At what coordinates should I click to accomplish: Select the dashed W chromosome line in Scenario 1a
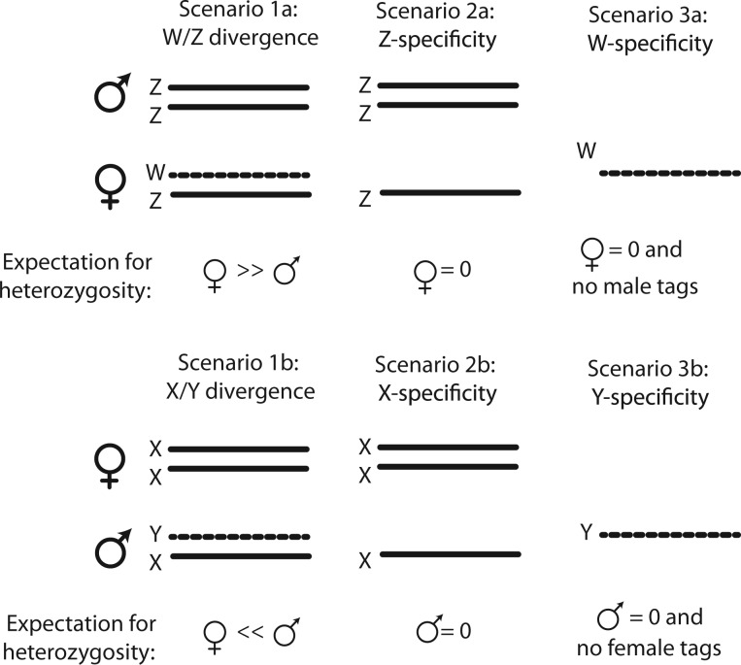(241, 176)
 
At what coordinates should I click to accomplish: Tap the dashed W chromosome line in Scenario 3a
(670, 173)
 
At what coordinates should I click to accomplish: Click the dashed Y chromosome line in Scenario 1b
(241, 536)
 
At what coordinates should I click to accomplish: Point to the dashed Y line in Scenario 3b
(670, 534)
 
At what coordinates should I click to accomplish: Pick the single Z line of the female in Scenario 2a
(450, 193)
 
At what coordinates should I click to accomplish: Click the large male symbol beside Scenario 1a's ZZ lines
(110, 95)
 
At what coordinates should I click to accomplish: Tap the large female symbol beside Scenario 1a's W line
(108, 184)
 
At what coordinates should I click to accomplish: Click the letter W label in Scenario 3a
(585, 150)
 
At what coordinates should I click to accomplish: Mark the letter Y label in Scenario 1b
(154, 533)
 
